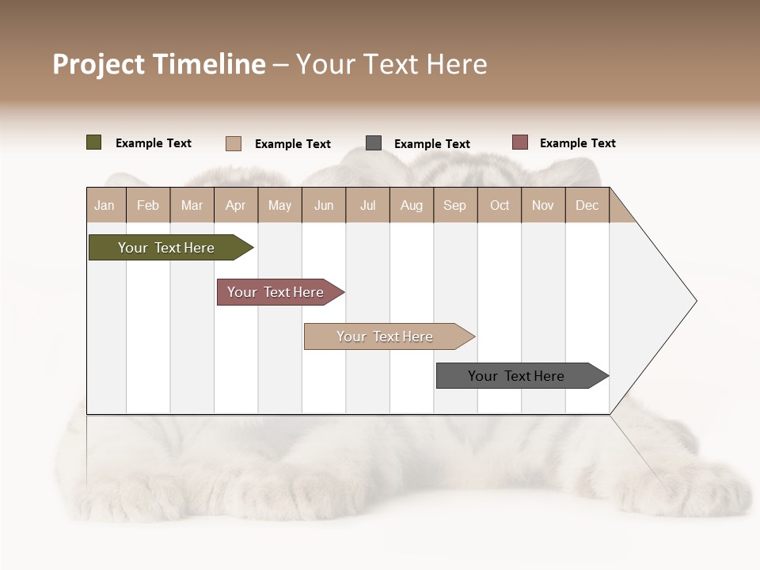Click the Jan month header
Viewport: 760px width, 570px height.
(105, 205)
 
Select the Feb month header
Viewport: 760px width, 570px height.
(148, 205)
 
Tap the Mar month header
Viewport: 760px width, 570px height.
(192, 205)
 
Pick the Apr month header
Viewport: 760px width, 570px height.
(236, 205)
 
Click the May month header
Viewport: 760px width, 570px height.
(279, 205)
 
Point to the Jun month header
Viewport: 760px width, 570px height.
(324, 205)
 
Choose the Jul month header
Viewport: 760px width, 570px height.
(367, 205)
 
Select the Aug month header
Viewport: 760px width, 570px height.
(412, 205)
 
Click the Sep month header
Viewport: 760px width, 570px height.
(455, 205)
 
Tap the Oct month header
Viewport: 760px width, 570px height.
(500, 205)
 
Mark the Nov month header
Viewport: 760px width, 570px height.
(543, 205)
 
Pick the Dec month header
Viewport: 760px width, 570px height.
(587, 205)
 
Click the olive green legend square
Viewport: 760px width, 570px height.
(94, 142)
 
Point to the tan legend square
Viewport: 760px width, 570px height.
(234, 143)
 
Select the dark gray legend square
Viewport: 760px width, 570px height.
(374, 143)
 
